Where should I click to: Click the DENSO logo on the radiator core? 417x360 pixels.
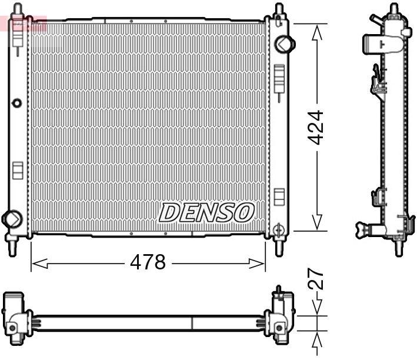point(206,212)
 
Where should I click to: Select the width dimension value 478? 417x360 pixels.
point(148,262)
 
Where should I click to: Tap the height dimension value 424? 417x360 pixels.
point(316,128)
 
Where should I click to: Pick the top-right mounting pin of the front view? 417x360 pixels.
point(279,11)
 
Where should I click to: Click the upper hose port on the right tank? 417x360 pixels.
point(284,43)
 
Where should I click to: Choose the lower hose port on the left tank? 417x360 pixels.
point(11,218)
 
